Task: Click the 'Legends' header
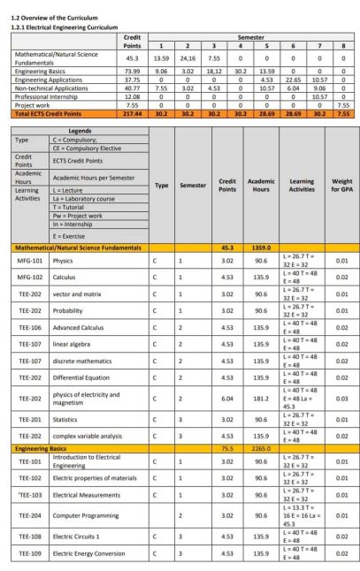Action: pos(80,130)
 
